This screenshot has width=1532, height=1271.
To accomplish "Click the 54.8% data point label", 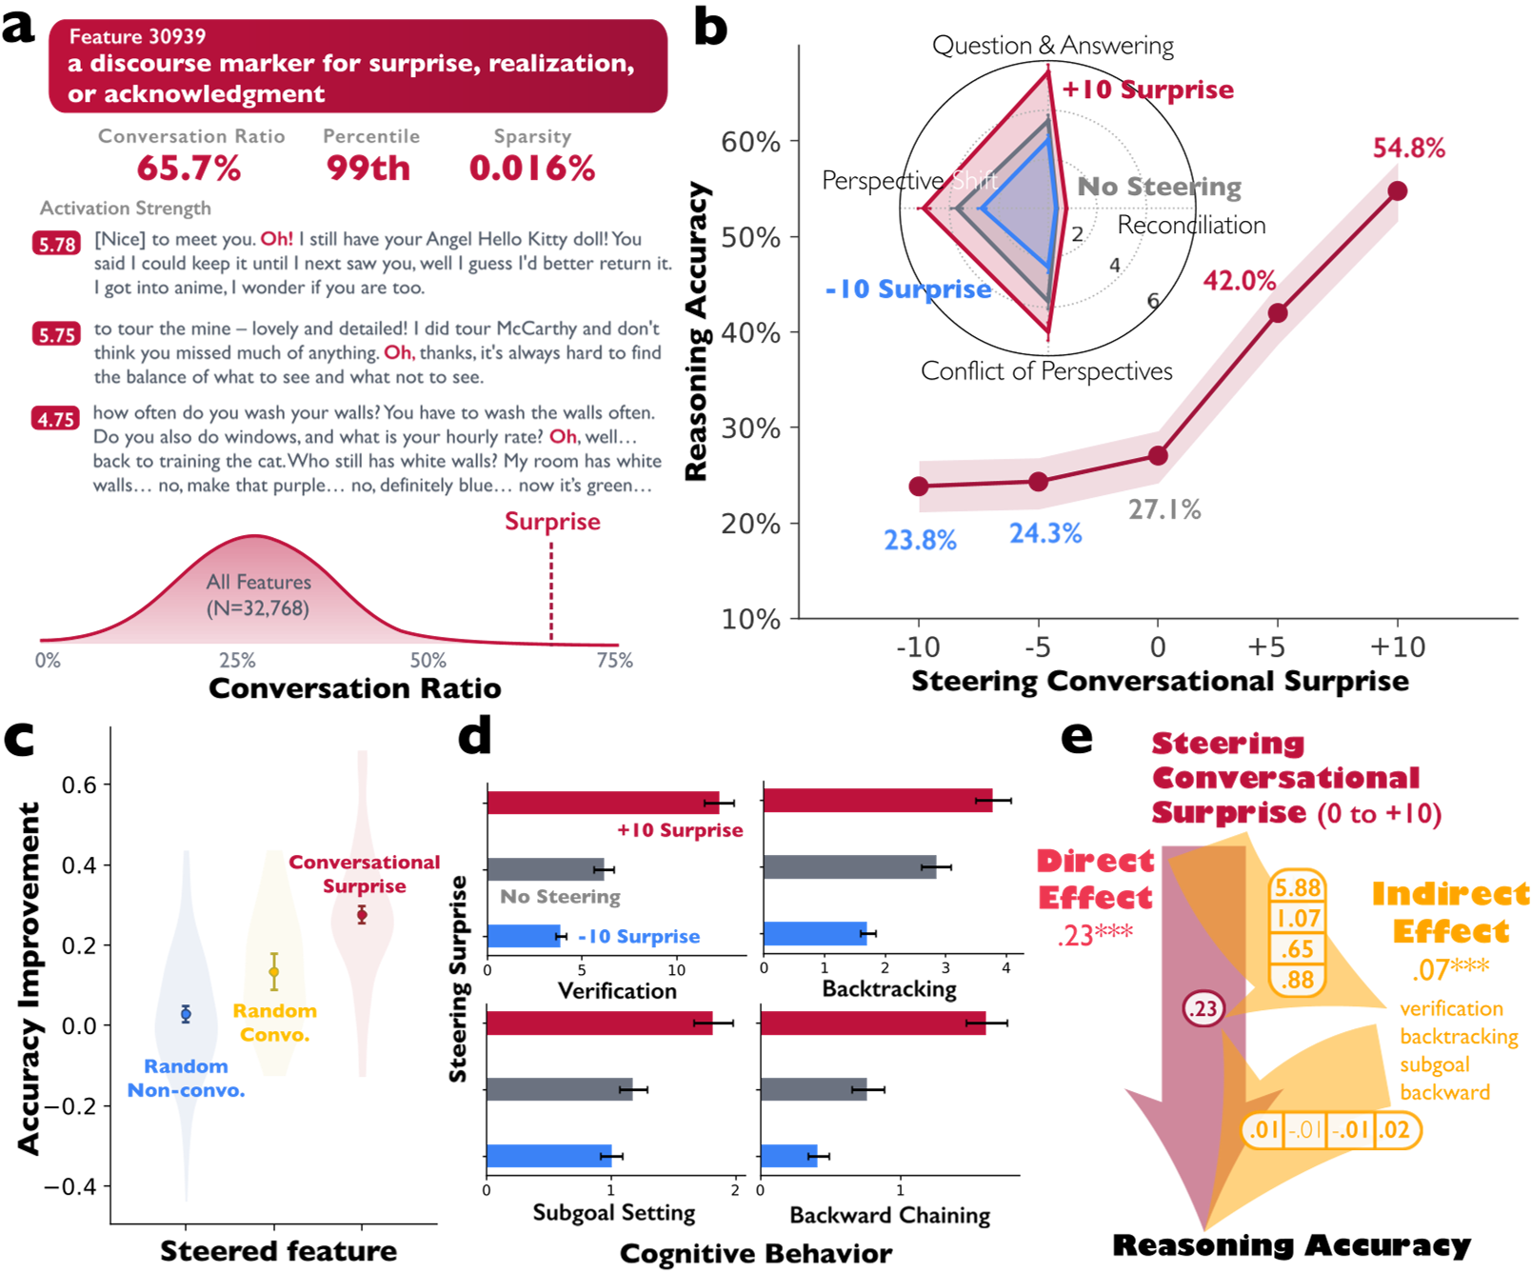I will (x=1408, y=149).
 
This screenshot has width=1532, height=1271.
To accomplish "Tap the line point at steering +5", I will (x=1278, y=312).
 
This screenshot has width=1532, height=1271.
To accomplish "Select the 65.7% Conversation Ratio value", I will (x=189, y=169).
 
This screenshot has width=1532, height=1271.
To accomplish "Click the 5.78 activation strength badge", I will (x=56, y=244).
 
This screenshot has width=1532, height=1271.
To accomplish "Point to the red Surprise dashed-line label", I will (x=552, y=522).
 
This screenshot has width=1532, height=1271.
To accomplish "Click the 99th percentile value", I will (x=368, y=169).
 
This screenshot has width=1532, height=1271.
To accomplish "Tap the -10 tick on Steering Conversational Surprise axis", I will (x=918, y=647).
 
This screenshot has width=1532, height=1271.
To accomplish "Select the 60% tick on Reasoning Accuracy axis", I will (x=750, y=142).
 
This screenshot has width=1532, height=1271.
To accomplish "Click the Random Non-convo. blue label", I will (x=186, y=1078).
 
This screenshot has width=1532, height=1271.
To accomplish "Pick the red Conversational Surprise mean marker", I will (x=362, y=915).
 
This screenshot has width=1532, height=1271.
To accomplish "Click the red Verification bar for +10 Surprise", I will (x=603, y=803).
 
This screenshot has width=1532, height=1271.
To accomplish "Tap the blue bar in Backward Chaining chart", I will (x=788, y=1157).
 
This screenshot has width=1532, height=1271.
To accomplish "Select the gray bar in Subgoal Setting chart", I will (x=559, y=1089).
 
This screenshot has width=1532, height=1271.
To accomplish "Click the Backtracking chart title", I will (x=889, y=989).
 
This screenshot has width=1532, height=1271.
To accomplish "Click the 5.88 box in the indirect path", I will (x=1298, y=887).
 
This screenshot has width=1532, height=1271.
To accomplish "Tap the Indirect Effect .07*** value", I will (x=1450, y=970).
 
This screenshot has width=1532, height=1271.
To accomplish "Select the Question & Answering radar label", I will (x=1052, y=46).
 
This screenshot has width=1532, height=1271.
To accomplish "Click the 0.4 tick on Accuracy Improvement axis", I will (x=79, y=865).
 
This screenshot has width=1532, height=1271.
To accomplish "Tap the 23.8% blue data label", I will (x=920, y=541).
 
